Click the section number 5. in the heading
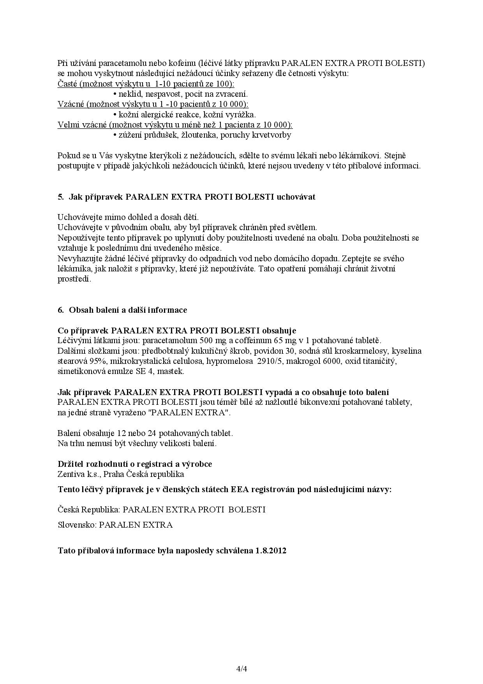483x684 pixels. point(60,197)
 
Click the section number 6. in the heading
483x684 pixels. point(60,310)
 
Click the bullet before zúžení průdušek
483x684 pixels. point(115,135)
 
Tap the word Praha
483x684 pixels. point(113,474)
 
